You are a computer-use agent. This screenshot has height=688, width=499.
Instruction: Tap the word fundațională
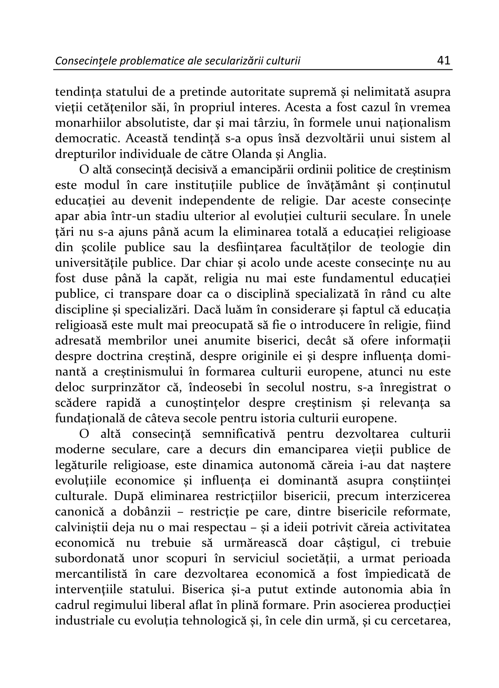pos(89,418)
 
